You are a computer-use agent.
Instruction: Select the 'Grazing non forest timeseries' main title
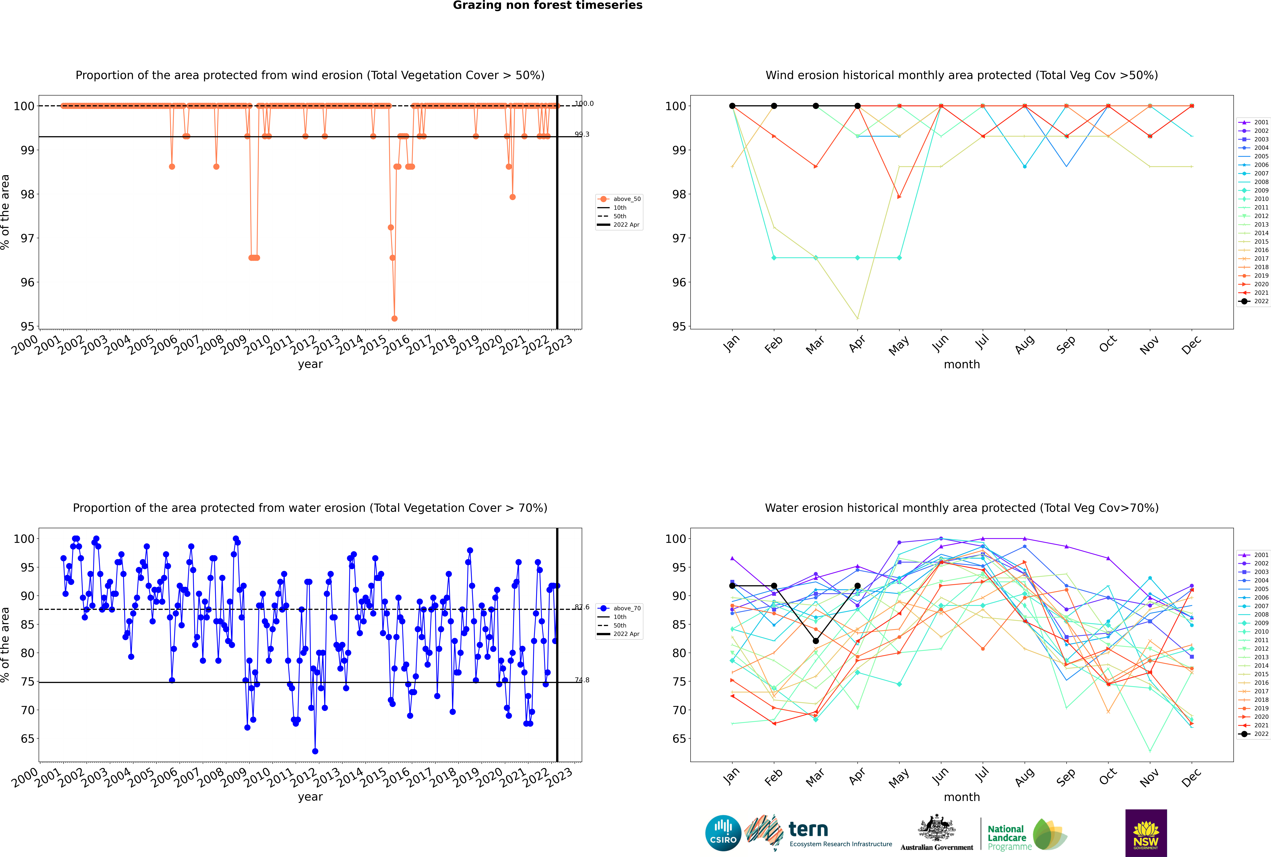[x=548, y=5]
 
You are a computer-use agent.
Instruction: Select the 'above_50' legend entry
[x=626, y=199]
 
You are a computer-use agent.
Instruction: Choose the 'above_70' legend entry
[x=626, y=608]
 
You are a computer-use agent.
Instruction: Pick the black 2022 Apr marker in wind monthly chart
[x=857, y=106]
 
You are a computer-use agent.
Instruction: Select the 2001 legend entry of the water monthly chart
[x=1261, y=555]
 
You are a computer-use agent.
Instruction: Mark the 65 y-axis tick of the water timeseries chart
[x=23, y=739]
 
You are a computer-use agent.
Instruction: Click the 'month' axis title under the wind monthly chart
[x=962, y=365]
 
